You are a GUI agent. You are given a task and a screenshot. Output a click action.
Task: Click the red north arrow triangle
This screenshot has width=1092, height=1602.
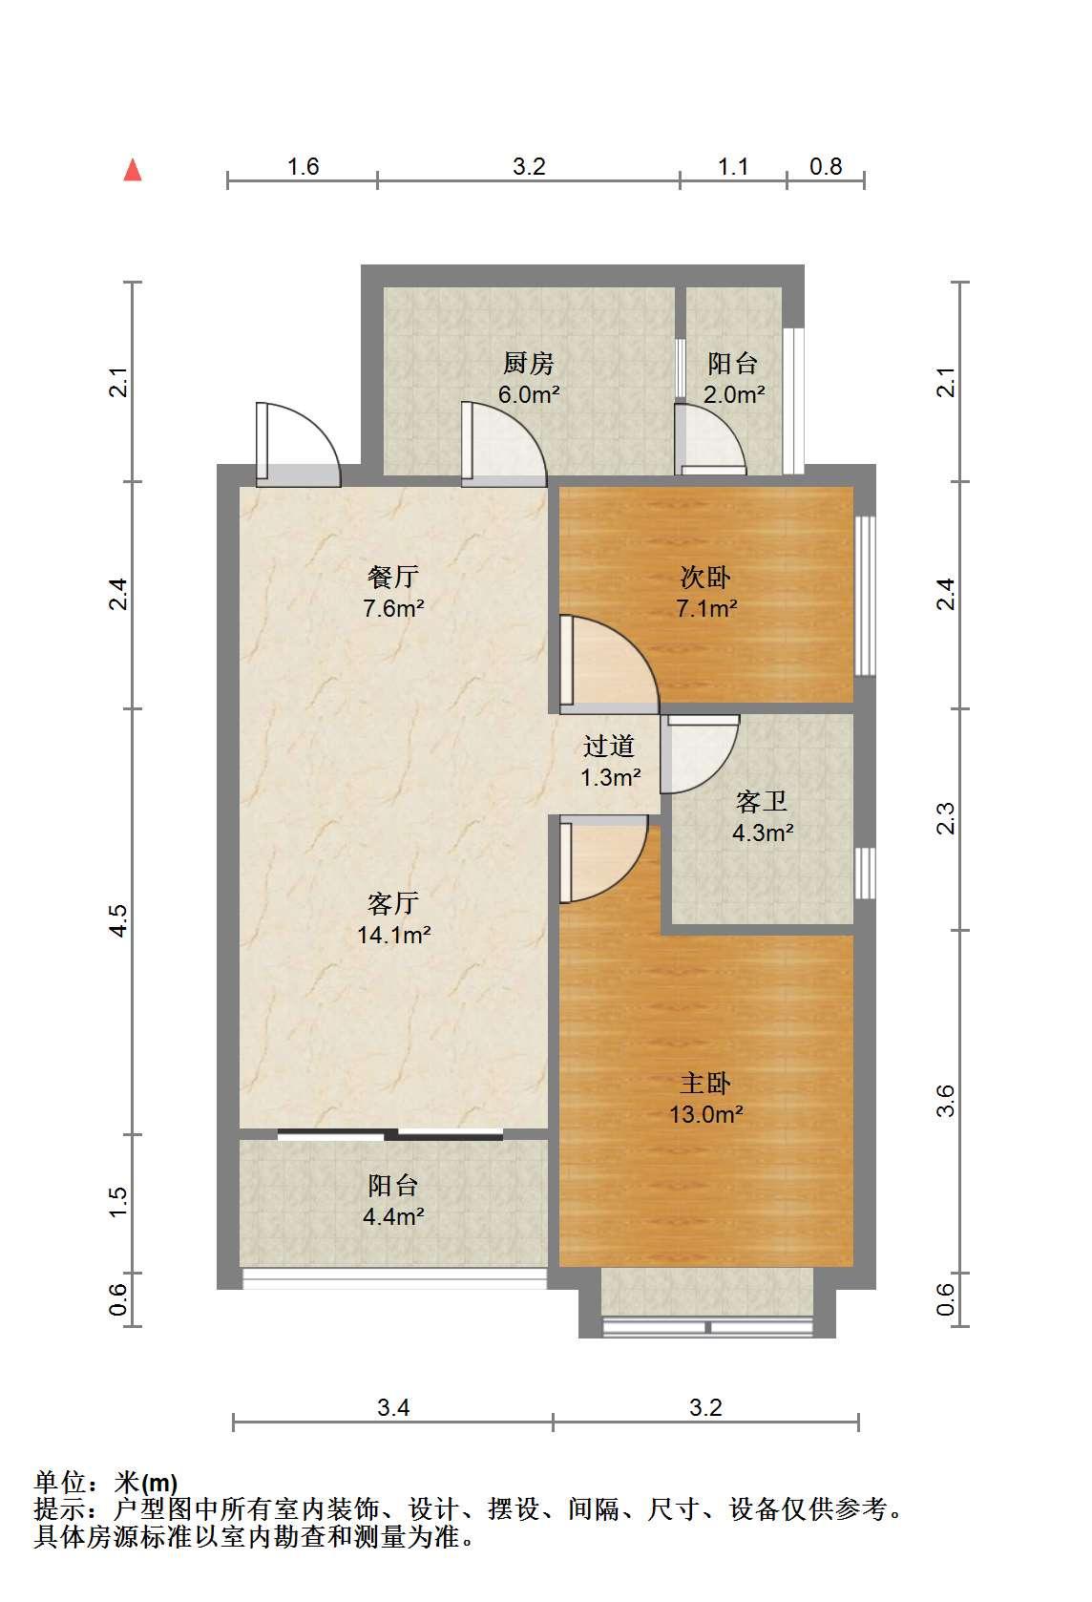pyautogui.click(x=133, y=170)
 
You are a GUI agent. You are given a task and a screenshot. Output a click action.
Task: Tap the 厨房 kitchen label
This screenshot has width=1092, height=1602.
pyautogui.click(x=529, y=364)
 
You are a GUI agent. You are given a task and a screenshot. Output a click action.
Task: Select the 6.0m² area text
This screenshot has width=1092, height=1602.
pyautogui.click(x=529, y=394)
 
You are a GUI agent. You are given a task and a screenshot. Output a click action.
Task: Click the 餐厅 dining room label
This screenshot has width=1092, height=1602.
pyautogui.click(x=392, y=577)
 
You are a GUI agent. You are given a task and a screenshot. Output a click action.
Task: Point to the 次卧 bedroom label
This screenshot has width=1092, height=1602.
pyautogui.click(x=705, y=578)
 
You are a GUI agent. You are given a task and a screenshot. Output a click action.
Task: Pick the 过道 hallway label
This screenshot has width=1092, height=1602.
pyautogui.click(x=609, y=746)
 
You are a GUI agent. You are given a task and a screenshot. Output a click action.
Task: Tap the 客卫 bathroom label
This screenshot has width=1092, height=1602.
pyautogui.click(x=762, y=802)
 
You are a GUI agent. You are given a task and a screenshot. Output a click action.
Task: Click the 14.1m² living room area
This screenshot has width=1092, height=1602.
pyautogui.click(x=394, y=935)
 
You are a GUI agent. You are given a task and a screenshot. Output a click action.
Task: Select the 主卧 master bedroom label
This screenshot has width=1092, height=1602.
pyautogui.click(x=705, y=1084)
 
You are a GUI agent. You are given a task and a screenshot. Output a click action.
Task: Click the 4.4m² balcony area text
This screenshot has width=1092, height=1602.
pyautogui.click(x=394, y=1216)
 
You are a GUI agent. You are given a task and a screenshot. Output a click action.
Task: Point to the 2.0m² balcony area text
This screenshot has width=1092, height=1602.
pyautogui.click(x=734, y=394)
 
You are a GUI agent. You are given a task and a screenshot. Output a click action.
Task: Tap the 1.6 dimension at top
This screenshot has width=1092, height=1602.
pyautogui.click(x=303, y=167)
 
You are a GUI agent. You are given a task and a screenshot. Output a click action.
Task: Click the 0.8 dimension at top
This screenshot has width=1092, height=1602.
pyautogui.click(x=826, y=167)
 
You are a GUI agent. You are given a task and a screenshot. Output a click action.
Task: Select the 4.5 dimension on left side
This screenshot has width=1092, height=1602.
pyautogui.click(x=118, y=920)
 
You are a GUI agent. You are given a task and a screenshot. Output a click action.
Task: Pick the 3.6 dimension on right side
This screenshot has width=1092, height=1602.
pyautogui.click(x=945, y=1102)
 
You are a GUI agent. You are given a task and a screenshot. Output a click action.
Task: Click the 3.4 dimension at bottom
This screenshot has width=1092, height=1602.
pyautogui.click(x=393, y=1407)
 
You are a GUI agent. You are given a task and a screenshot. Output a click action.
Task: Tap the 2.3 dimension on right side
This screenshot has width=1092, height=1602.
pyautogui.click(x=945, y=818)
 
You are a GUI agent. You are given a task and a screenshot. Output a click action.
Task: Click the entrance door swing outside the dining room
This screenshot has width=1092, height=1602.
pyautogui.click(x=298, y=444)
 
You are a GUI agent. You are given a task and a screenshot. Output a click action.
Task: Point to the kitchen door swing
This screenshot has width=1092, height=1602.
pyautogui.click(x=503, y=444)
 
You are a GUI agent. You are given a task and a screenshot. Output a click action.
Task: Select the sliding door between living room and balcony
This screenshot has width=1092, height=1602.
pyautogui.click(x=390, y=1133)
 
